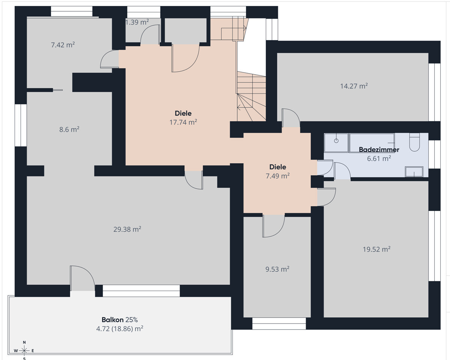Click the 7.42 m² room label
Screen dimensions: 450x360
tap(63, 45)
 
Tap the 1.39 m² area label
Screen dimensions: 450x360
tap(137, 22)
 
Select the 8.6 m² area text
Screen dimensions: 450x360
tap(69, 130)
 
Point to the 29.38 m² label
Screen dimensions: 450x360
tap(127, 229)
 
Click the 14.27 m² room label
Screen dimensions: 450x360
tap(354, 86)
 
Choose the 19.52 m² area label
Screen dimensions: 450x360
tap(376, 249)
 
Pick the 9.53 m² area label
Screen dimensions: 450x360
tap(277, 269)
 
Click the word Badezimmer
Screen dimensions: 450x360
tap(379, 149)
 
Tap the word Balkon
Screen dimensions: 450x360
tap(112, 320)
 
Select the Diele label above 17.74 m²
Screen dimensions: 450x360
tap(183, 113)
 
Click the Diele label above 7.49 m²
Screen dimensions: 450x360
tap(278, 167)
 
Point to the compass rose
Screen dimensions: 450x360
tap(24, 351)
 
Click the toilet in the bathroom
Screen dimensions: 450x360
tap(414, 142)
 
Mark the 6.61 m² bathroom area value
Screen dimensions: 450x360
tap(379, 158)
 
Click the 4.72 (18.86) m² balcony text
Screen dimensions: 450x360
tap(120, 329)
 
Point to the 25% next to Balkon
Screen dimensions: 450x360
tap(132, 320)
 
